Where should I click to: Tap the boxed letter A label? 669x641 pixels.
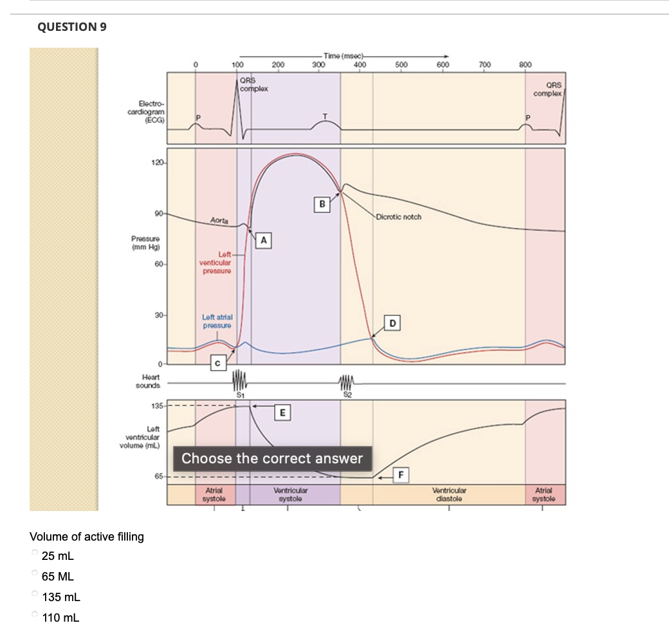click(x=262, y=241)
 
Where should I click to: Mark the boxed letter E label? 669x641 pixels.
click(x=281, y=411)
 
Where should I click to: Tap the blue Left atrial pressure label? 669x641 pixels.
click(x=217, y=321)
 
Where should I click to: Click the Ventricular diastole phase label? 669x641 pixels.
click(x=450, y=494)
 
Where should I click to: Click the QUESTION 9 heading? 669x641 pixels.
click(x=71, y=27)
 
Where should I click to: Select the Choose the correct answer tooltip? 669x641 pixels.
click(x=272, y=459)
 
